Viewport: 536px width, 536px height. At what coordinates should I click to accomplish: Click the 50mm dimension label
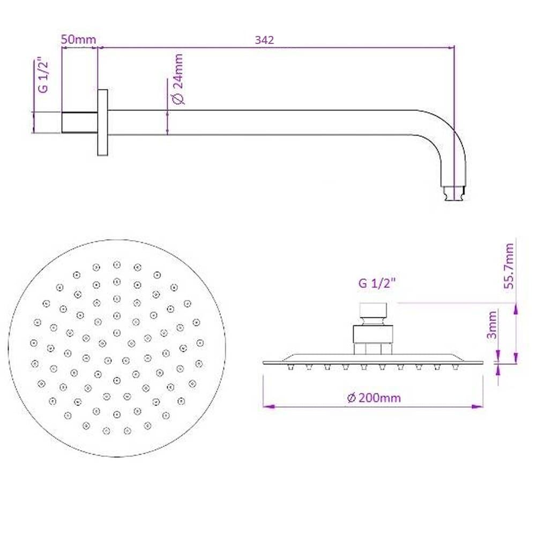tap(78, 40)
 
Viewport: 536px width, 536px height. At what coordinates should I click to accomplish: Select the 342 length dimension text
tap(265, 40)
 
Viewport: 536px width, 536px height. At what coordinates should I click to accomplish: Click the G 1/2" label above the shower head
tap(376, 284)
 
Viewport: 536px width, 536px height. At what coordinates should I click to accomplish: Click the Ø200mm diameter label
tap(374, 398)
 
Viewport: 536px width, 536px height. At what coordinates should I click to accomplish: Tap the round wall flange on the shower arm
tap(102, 122)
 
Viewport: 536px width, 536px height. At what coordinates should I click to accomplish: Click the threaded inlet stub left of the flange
tap(79, 122)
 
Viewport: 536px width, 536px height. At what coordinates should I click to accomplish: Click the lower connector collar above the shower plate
tap(374, 334)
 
